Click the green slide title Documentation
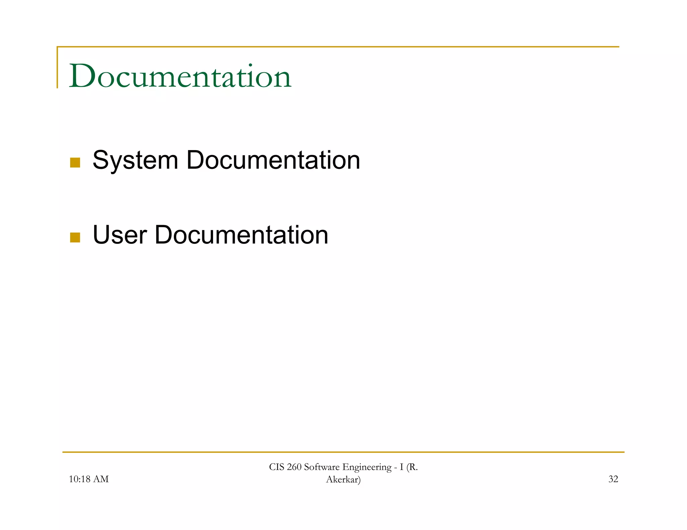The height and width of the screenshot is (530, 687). (x=180, y=76)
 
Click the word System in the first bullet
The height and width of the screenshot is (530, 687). (x=135, y=160)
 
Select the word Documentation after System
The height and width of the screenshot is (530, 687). (x=273, y=160)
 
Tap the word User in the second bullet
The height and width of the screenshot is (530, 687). (x=119, y=235)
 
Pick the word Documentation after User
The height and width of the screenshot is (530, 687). (x=241, y=235)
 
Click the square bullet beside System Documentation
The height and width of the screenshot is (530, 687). (x=75, y=162)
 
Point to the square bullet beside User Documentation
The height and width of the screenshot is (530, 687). (x=75, y=237)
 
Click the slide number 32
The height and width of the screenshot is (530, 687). (x=613, y=479)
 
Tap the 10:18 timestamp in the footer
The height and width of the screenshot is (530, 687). (x=80, y=479)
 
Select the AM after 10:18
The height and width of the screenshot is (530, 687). (x=101, y=479)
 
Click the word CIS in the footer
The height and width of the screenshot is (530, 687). (x=277, y=467)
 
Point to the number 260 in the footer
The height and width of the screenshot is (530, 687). (x=294, y=467)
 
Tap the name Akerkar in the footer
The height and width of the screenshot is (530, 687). (x=342, y=480)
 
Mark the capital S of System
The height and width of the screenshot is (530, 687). (x=100, y=160)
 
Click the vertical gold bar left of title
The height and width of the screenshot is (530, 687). (x=57, y=67)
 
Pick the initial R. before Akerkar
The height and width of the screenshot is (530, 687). (x=413, y=467)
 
